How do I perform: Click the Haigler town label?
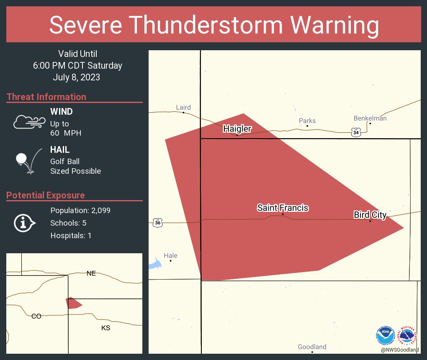pyautogui.click(x=237, y=129)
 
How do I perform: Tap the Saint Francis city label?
pyautogui.click(x=283, y=208)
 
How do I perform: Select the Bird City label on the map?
pyautogui.click(x=370, y=215)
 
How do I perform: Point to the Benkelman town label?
pyautogui.click(x=370, y=118)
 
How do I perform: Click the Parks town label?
pyautogui.click(x=307, y=121)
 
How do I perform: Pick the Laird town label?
pyautogui.click(x=183, y=108)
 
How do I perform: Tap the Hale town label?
pyautogui.click(x=171, y=256)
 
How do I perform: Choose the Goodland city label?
pyautogui.click(x=312, y=347)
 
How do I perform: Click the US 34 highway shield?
pyautogui.click(x=356, y=132)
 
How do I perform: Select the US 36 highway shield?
pyautogui.click(x=157, y=223)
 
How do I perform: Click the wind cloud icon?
pyautogui.click(x=29, y=122)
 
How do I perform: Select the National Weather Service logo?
pyautogui.click(x=409, y=335)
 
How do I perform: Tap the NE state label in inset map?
pyautogui.click(x=91, y=273)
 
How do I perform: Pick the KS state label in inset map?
pyautogui.click(x=105, y=328)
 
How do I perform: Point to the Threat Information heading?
pyautogui.click(x=46, y=97)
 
